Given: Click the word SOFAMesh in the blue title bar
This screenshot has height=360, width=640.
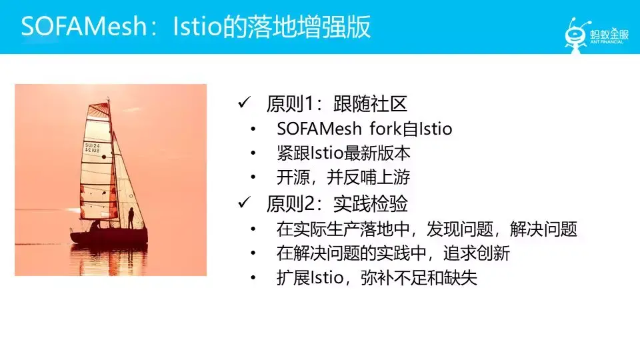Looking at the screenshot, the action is tap(84, 27).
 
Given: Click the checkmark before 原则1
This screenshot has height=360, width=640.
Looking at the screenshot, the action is tap(244, 103).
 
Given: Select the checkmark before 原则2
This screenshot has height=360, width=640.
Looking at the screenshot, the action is tap(244, 202).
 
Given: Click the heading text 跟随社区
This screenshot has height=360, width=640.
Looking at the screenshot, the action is tap(370, 104).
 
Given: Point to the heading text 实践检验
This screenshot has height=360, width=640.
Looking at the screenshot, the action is tap(370, 203).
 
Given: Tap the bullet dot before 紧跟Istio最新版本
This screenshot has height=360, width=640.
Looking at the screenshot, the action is tap(253, 153).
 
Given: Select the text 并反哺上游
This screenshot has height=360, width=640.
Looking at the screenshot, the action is tap(368, 177).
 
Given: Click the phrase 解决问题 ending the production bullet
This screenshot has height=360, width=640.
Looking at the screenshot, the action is tap(543, 229).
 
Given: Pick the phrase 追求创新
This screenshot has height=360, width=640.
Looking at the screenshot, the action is tap(477, 253).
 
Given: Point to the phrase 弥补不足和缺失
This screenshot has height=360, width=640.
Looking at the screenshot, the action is tap(419, 278).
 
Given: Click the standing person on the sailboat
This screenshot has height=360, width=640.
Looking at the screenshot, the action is tap(131, 218).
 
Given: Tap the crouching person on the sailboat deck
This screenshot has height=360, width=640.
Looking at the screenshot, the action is tap(95, 225).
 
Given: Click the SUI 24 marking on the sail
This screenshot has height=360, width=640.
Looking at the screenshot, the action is tap(92, 148).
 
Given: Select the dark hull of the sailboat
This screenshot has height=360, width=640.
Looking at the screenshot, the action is tap(109, 236).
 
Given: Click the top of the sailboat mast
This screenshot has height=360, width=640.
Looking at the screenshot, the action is tap(108, 99).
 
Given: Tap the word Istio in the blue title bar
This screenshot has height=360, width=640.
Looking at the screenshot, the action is tap(197, 27).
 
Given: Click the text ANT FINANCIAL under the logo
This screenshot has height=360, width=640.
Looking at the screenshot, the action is tap(607, 42).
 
